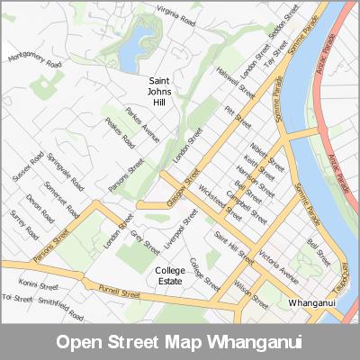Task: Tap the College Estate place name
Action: (169, 275)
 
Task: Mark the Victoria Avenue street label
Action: (276, 259)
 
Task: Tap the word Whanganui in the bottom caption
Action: (251, 343)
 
